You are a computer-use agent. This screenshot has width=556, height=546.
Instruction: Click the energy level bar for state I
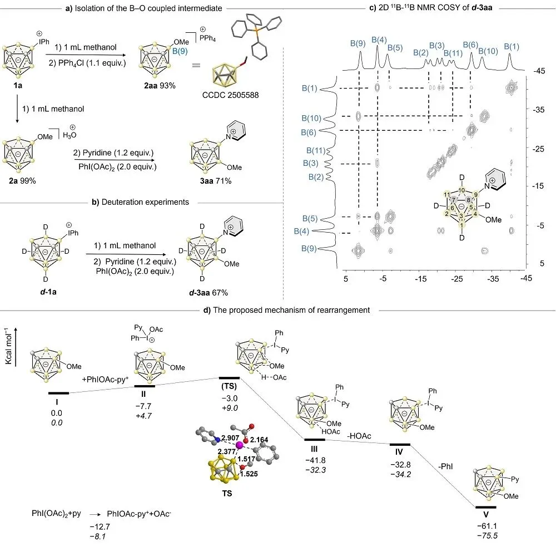pyautogui.click(x=58, y=392)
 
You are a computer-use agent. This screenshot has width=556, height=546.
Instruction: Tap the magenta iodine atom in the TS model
pyautogui.click(x=240, y=446)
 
